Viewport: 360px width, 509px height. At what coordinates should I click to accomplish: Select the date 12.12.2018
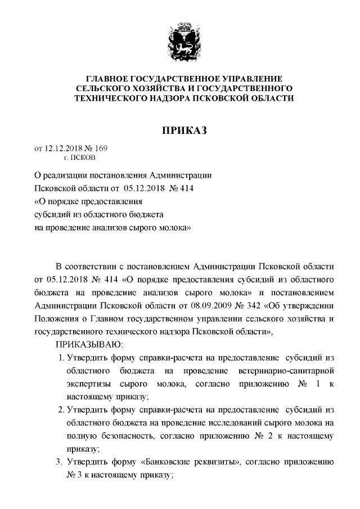coord(63,148)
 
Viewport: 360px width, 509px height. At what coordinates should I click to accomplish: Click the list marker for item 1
coord(61,358)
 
